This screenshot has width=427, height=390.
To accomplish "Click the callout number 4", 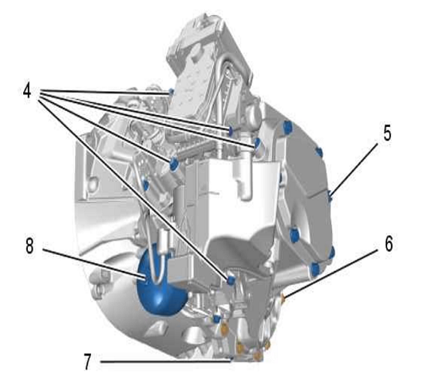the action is pyautogui.click(x=27, y=90).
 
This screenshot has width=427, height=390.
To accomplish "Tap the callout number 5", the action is pyautogui.click(x=387, y=133).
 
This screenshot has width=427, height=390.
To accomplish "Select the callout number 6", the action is pyautogui.click(x=389, y=244).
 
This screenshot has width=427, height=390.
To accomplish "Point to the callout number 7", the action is pyautogui.click(x=87, y=362).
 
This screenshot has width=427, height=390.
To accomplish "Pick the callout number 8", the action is pyautogui.click(x=30, y=245).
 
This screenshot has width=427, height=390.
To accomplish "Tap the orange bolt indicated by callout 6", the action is pyautogui.click(x=283, y=298).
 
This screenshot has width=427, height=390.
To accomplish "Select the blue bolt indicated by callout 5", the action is pyautogui.click(x=330, y=196).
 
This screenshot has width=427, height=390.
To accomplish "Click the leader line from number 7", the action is pyautogui.click(x=165, y=362).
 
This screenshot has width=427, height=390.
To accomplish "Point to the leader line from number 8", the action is pyautogui.click(x=94, y=264).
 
